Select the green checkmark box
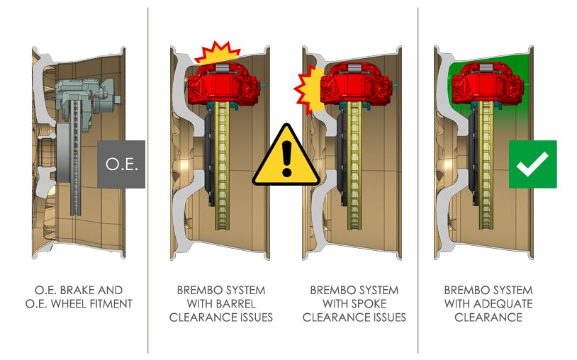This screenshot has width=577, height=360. tap(532, 164)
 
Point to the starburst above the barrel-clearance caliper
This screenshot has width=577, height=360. tap(219, 52)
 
